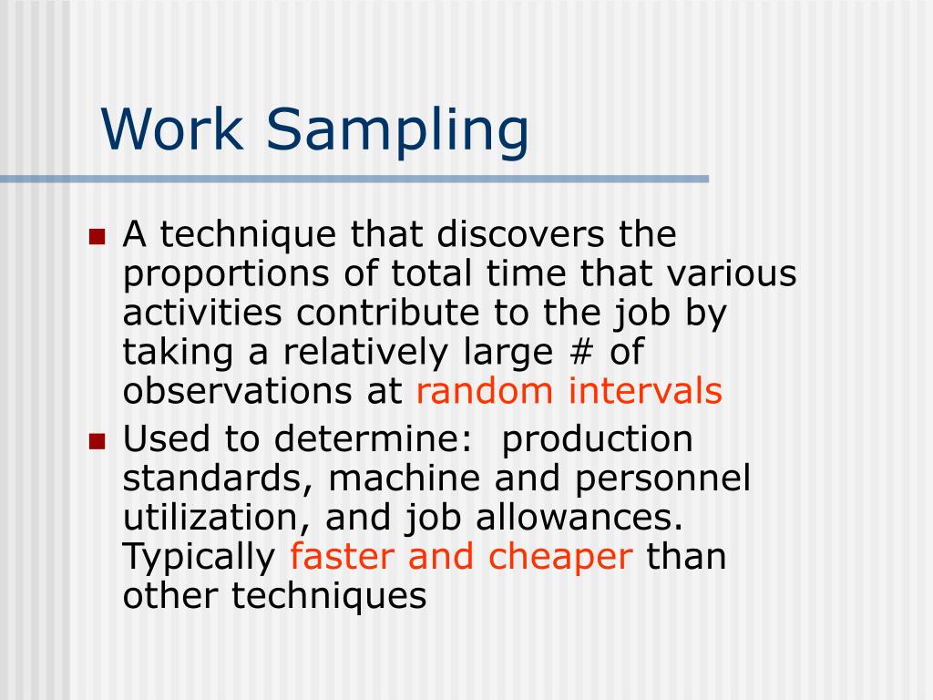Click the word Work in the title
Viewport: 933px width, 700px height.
(x=173, y=129)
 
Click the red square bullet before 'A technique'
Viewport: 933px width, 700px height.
(x=97, y=237)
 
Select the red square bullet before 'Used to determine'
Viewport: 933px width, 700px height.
(x=97, y=442)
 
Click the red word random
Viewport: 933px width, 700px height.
(x=484, y=391)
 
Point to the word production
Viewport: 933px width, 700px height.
(x=598, y=440)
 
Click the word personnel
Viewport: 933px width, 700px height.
(x=674, y=479)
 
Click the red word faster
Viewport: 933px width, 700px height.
(x=342, y=558)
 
